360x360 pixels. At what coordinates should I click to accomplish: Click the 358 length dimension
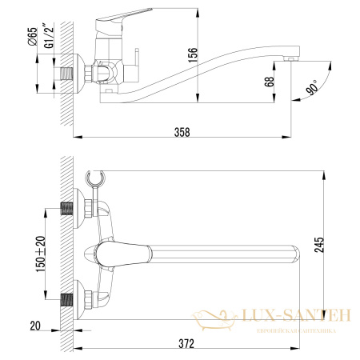pyautogui.click(x=182, y=132)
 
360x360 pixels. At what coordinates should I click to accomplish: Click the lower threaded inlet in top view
pyautogui.click(x=70, y=302)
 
